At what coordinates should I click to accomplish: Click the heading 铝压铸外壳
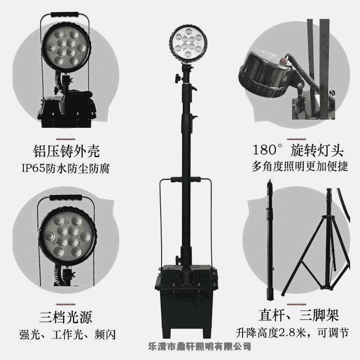66,151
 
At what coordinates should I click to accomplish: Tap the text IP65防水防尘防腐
66,168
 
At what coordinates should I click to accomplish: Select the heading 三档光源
66,317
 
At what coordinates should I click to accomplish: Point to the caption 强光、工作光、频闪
67,334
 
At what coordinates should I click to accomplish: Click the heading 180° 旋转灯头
298,150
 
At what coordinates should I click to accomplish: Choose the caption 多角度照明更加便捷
300,166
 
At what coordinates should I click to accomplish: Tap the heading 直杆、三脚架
299,315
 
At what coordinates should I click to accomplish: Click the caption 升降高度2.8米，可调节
292,333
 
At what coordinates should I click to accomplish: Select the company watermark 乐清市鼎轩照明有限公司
199,346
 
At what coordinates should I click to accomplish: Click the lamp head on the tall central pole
188,44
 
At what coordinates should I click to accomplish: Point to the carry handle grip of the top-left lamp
65,15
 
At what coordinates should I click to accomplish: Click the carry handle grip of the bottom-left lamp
65,197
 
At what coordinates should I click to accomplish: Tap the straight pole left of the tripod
270,240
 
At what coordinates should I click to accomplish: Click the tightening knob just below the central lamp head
178,78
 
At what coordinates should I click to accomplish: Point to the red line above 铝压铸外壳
66,139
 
